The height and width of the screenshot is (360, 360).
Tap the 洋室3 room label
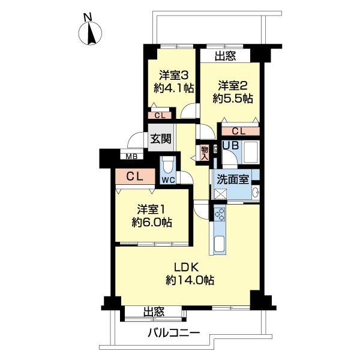coord(173,76)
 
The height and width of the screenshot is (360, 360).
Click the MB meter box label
coord(130,157)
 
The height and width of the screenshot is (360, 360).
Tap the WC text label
coord(167,179)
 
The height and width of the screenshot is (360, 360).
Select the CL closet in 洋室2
coord(238,131)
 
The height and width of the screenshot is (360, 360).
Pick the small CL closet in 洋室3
coord(160,116)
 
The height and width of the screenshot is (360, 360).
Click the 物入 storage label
coord(204,152)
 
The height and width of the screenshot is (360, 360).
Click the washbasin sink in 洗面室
coord(255,193)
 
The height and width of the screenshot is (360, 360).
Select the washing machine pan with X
coord(218,193)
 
